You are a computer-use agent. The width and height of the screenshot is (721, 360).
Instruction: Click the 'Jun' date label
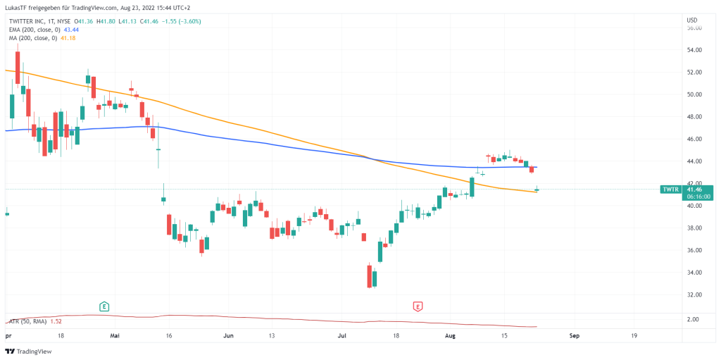[x=227, y=336]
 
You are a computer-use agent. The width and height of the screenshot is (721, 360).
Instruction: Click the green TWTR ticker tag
[x=670, y=190]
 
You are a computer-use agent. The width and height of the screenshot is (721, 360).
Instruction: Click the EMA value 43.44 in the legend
[x=72, y=30]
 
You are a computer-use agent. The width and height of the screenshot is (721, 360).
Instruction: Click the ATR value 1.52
[x=56, y=321]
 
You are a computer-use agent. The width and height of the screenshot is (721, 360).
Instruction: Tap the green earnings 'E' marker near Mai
[x=104, y=306]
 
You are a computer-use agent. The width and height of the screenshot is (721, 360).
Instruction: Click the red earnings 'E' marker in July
[x=418, y=306]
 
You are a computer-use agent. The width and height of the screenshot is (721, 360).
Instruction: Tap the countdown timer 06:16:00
[x=697, y=197]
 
